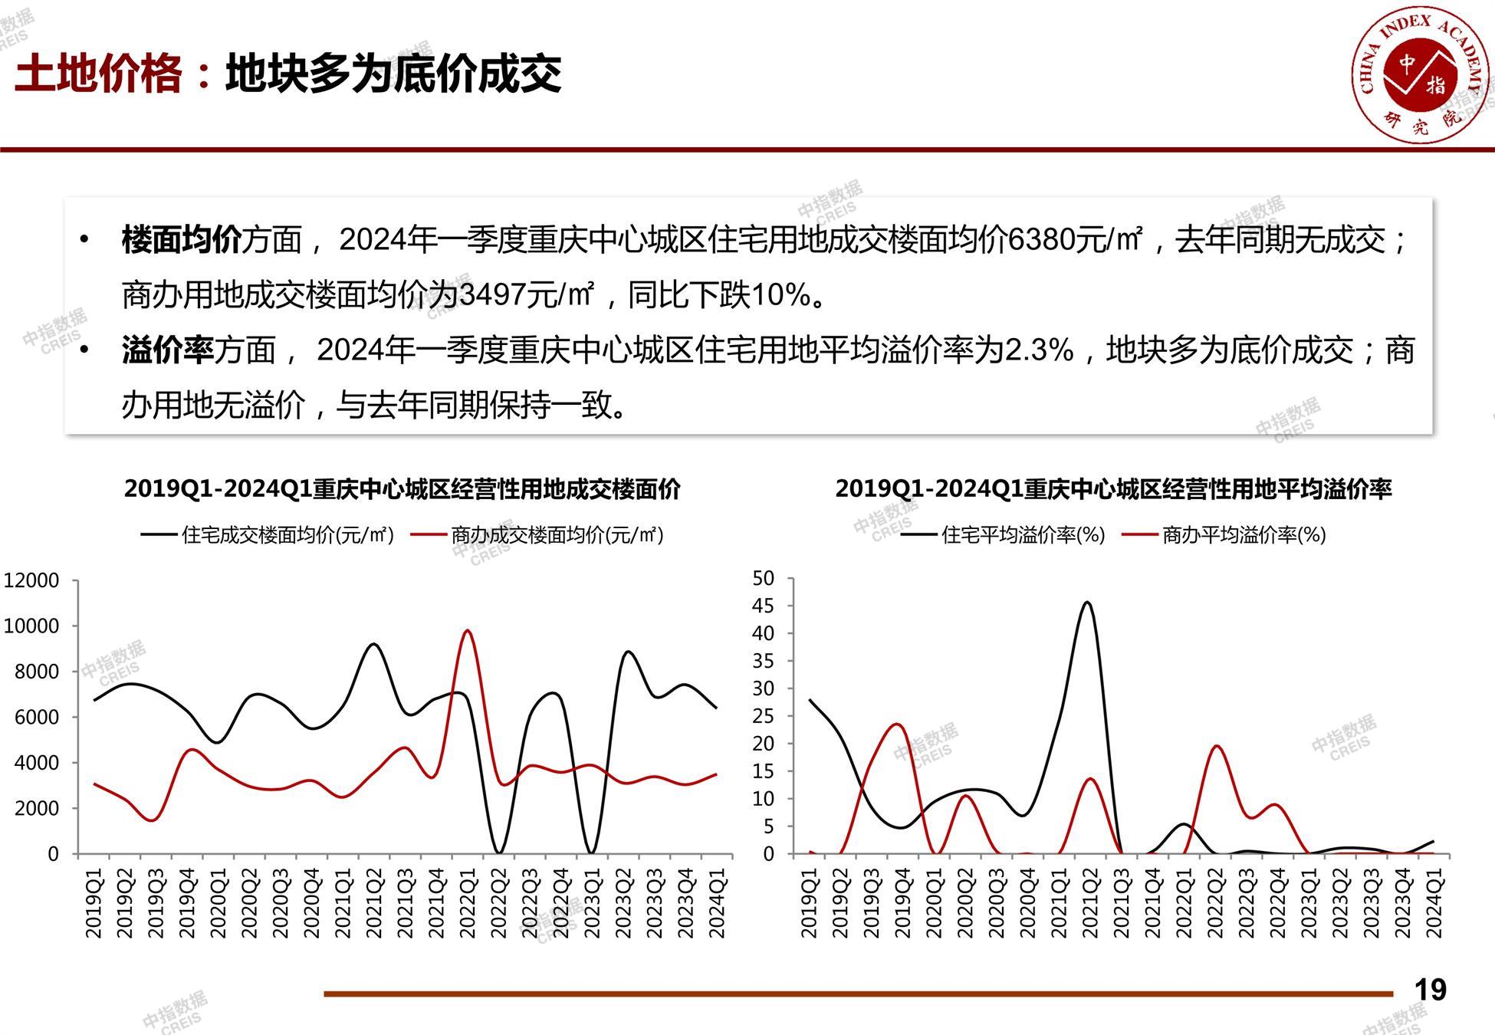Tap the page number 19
point(1430,990)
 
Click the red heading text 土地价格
point(98,74)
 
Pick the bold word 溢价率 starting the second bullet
point(167,350)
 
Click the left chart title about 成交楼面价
point(402,489)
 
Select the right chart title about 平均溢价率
point(1113,489)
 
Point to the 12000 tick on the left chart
point(31,580)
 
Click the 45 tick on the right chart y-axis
point(764,606)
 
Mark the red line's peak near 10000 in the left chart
point(467,631)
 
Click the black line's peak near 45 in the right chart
point(1087,603)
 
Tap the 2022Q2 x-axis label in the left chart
point(498,902)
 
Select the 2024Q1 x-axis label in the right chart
point(1434,902)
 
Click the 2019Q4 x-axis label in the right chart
point(902,902)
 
